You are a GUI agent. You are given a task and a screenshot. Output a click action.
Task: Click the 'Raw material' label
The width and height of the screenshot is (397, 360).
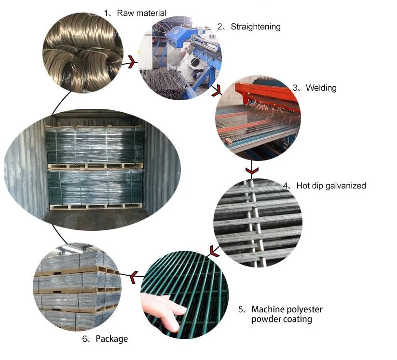[x=141, y=13]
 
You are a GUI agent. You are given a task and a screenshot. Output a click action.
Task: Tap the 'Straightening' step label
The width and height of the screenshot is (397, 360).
[x=256, y=27]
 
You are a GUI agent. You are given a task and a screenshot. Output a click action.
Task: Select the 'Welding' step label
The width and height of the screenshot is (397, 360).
[x=321, y=88]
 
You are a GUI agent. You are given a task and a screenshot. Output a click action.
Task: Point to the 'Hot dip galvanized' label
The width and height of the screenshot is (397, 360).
[x=331, y=186]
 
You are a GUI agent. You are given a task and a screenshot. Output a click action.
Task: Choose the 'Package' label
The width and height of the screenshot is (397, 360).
[x=111, y=339]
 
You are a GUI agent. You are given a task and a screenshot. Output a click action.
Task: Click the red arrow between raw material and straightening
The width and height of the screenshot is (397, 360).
[x=131, y=62]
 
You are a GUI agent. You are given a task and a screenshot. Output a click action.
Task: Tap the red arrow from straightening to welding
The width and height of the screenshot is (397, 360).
[x=217, y=91]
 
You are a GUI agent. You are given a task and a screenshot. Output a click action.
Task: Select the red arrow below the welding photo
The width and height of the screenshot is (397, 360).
[x=252, y=171]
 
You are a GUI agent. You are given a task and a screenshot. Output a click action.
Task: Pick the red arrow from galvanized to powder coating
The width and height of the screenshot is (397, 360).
[x=214, y=251]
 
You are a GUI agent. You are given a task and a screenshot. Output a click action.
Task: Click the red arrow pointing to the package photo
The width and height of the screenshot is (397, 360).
[x=134, y=277]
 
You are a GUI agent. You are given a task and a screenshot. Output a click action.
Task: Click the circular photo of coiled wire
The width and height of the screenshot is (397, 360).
[x=83, y=53]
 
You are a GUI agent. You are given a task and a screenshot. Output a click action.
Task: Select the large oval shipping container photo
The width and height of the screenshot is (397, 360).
[x=93, y=170]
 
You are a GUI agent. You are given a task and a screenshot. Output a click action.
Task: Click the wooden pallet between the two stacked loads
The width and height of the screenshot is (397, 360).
[x=96, y=166]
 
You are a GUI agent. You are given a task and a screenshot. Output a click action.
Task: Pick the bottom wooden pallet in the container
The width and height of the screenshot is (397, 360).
[x=96, y=207]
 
